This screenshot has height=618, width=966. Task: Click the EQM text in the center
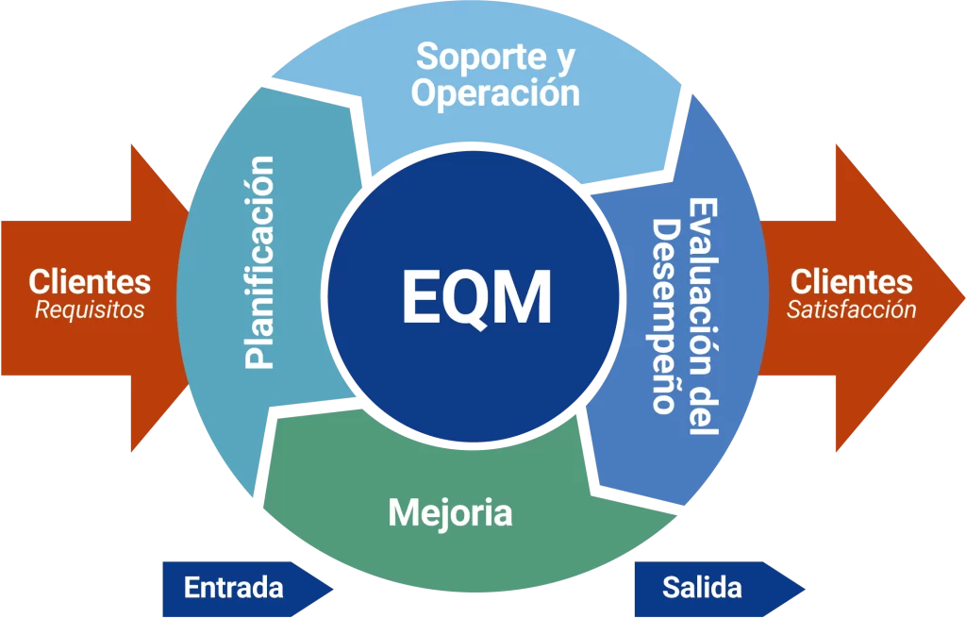click(x=476, y=297)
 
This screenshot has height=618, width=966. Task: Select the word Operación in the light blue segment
click(x=495, y=93)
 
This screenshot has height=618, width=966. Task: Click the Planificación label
click(x=259, y=262)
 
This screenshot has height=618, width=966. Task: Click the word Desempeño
click(x=665, y=315)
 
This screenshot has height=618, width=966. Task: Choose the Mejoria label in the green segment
click(x=450, y=512)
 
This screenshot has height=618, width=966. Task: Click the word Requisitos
click(x=90, y=309)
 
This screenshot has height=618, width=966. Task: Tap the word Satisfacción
click(x=852, y=309)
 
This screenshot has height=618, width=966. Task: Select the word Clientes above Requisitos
click(x=90, y=281)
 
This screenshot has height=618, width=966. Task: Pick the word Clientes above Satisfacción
click(x=852, y=281)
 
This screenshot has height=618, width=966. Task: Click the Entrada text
click(x=234, y=588)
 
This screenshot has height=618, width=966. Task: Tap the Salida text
click(x=702, y=588)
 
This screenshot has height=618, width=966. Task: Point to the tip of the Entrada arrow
click(x=333, y=589)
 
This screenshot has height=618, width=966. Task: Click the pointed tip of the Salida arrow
click(x=805, y=589)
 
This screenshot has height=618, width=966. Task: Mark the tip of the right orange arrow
click(x=964, y=298)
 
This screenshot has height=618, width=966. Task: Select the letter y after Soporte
click(x=563, y=59)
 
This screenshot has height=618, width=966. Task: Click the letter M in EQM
click(x=524, y=297)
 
